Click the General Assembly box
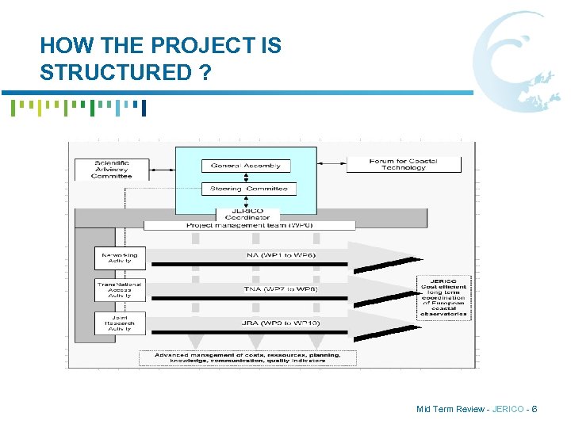click(245, 166)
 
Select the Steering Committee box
click(248, 189)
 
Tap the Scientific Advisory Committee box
click(111, 169)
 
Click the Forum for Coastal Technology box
click(403, 164)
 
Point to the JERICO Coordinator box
click(247, 214)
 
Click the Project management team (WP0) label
click(249, 225)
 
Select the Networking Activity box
click(119, 258)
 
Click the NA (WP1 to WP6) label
click(268, 254)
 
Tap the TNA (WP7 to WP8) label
click(268, 289)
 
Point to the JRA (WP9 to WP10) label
click(268, 323)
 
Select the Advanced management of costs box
click(247, 357)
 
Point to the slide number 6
click(535, 409)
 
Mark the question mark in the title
click(205, 72)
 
